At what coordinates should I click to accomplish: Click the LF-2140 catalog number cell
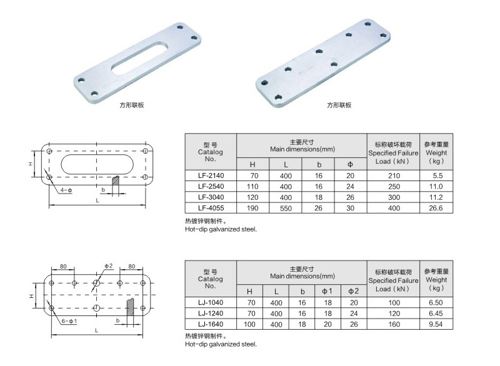(211, 176)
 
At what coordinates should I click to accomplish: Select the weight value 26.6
(436, 208)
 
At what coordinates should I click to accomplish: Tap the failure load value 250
(394, 186)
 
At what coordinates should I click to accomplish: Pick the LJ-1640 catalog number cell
(211, 324)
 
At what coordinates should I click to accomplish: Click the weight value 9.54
(436, 324)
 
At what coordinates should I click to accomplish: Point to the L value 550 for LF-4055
(286, 209)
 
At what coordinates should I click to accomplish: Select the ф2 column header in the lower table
(353, 291)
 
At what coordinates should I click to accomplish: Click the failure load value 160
(394, 324)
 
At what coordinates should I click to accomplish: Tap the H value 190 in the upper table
(252, 208)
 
